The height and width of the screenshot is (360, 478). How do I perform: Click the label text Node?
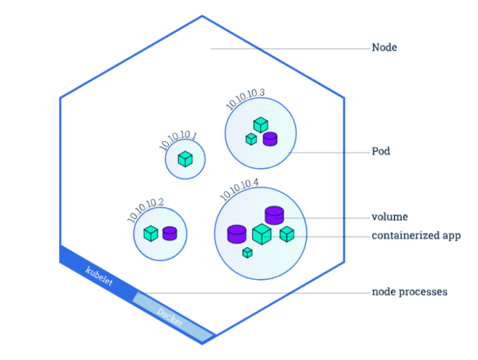point(385,48)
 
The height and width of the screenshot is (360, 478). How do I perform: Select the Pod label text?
point(381,151)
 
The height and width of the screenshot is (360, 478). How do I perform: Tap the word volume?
point(390,217)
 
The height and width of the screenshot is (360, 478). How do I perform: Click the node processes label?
point(409,292)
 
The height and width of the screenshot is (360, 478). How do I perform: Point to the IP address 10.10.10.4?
point(239,189)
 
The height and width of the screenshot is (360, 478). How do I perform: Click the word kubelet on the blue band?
point(99,275)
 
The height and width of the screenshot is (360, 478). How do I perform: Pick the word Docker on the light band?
point(170,316)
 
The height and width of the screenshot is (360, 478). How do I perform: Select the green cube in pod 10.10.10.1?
point(185,159)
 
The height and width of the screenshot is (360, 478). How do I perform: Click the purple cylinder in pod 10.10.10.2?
point(170,232)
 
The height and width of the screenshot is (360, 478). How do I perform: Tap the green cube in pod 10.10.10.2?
point(151,232)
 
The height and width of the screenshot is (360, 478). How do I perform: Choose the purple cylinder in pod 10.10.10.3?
point(270,138)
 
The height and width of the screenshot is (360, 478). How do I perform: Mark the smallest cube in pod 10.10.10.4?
point(247,252)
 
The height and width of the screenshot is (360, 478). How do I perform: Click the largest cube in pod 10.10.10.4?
point(262,234)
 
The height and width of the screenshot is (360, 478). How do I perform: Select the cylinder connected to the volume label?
point(273,214)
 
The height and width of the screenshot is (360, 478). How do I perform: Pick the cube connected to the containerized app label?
point(286,233)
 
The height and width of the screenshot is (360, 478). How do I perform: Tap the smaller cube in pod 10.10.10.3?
point(251,139)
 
